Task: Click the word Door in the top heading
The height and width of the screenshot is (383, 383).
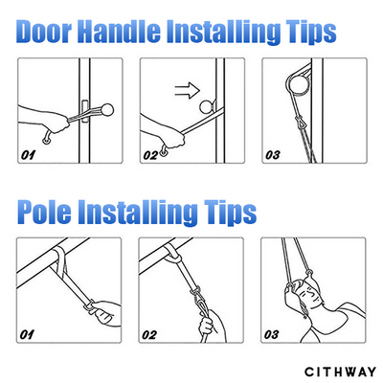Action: coord(44,31)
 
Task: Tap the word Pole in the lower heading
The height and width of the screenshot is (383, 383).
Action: coord(44,211)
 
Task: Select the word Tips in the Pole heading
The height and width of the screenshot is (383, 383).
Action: coord(230,213)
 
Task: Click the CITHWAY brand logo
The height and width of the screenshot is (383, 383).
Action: coord(340,372)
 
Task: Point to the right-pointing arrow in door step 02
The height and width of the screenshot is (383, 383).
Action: coord(188,90)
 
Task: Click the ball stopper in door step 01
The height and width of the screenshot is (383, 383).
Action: coord(107,109)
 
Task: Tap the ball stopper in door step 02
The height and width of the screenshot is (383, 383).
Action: coord(207,106)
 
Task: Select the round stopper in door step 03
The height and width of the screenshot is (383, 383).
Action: coord(299,82)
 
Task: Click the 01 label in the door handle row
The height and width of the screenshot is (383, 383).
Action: coord(28,155)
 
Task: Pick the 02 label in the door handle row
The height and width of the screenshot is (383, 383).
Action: coord(150,155)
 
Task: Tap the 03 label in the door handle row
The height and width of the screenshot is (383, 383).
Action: coord(273,155)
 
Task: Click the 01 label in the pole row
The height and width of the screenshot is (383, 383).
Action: coord(27,335)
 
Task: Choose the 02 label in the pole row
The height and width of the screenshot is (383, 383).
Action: coord(149,335)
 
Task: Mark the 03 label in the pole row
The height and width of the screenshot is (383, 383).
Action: coord(271,335)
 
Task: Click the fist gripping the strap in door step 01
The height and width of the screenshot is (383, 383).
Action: coord(60,124)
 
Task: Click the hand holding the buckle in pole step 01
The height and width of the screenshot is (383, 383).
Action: coord(105,313)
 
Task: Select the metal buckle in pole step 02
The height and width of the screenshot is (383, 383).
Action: coord(197,295)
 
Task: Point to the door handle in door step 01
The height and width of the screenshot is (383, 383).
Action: coord(84,112)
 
